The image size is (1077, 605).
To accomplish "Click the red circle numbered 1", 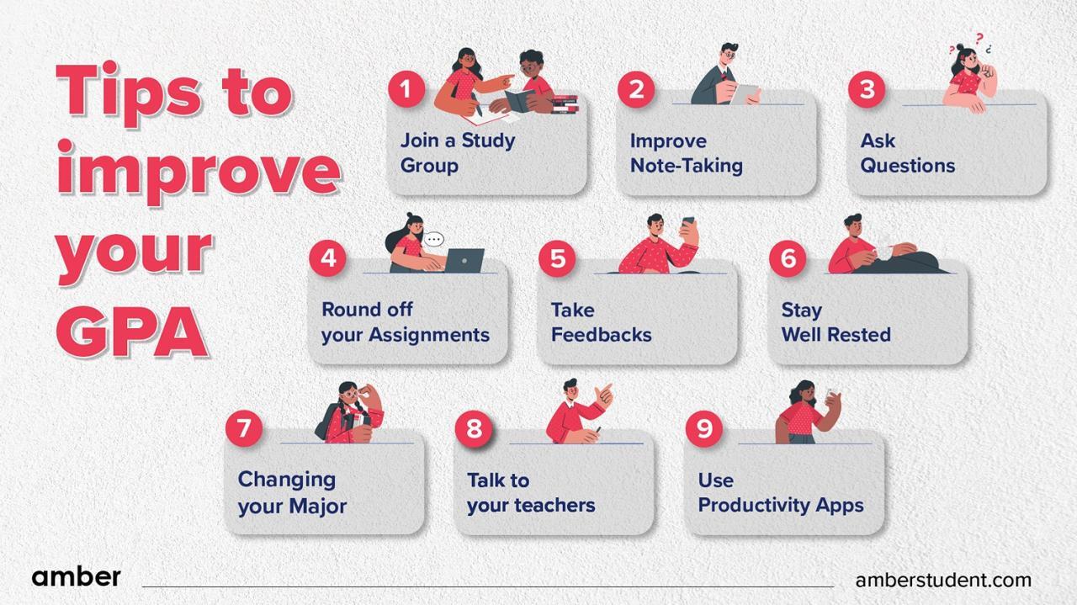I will pyautogui.click(x=406, y=88).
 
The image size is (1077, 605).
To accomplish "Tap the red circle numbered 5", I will pyautogui.click(x=557, y=258).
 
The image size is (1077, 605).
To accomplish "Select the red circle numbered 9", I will pyautogui.click(x=703, y=428).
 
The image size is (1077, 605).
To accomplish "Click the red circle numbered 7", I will pyautogui.click(x=244, y=428).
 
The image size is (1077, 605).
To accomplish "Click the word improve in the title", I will pyautogui.click(x=198, y=168).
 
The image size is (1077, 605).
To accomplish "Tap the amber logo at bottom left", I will pyautogui.click(x=76, y=577).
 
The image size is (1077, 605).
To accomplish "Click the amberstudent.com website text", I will pyautogui.click(x=942, y=580).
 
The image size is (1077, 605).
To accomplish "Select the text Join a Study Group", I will pyautogui.click(x=457, y=152).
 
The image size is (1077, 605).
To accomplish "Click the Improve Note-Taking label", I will pyautogui.click(x=686, y=152).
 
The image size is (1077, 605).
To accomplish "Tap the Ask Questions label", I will pyautogui.click(x=907, y=152).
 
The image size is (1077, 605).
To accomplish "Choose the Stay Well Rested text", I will pyautogui.click(x=835, y=322).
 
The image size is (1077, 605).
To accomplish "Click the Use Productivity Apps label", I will pyautogui.click(x=780, y=492).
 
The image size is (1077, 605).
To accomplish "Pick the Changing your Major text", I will pyautogui.click(x=291, y=492).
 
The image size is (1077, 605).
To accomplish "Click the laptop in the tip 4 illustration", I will pyautogui.click(x=464, y=260).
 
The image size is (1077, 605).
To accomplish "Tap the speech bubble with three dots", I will pyautogui.click(x=433, y=240).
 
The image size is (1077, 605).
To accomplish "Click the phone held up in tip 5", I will pyautogui.click(x=687, y=226).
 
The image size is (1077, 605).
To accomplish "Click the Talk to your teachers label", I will pyautogui.click(x=530, y=492).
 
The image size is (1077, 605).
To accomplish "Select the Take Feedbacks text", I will pyautogui.click(x=601, y=322).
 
